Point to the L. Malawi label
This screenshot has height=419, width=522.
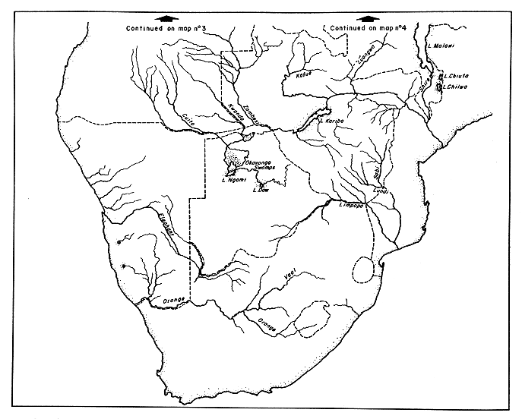point(442,46)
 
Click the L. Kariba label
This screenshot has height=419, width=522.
point(332,120)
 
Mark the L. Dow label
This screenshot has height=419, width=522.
point(262,191)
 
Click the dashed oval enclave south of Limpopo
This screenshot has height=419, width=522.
point(365,269)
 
